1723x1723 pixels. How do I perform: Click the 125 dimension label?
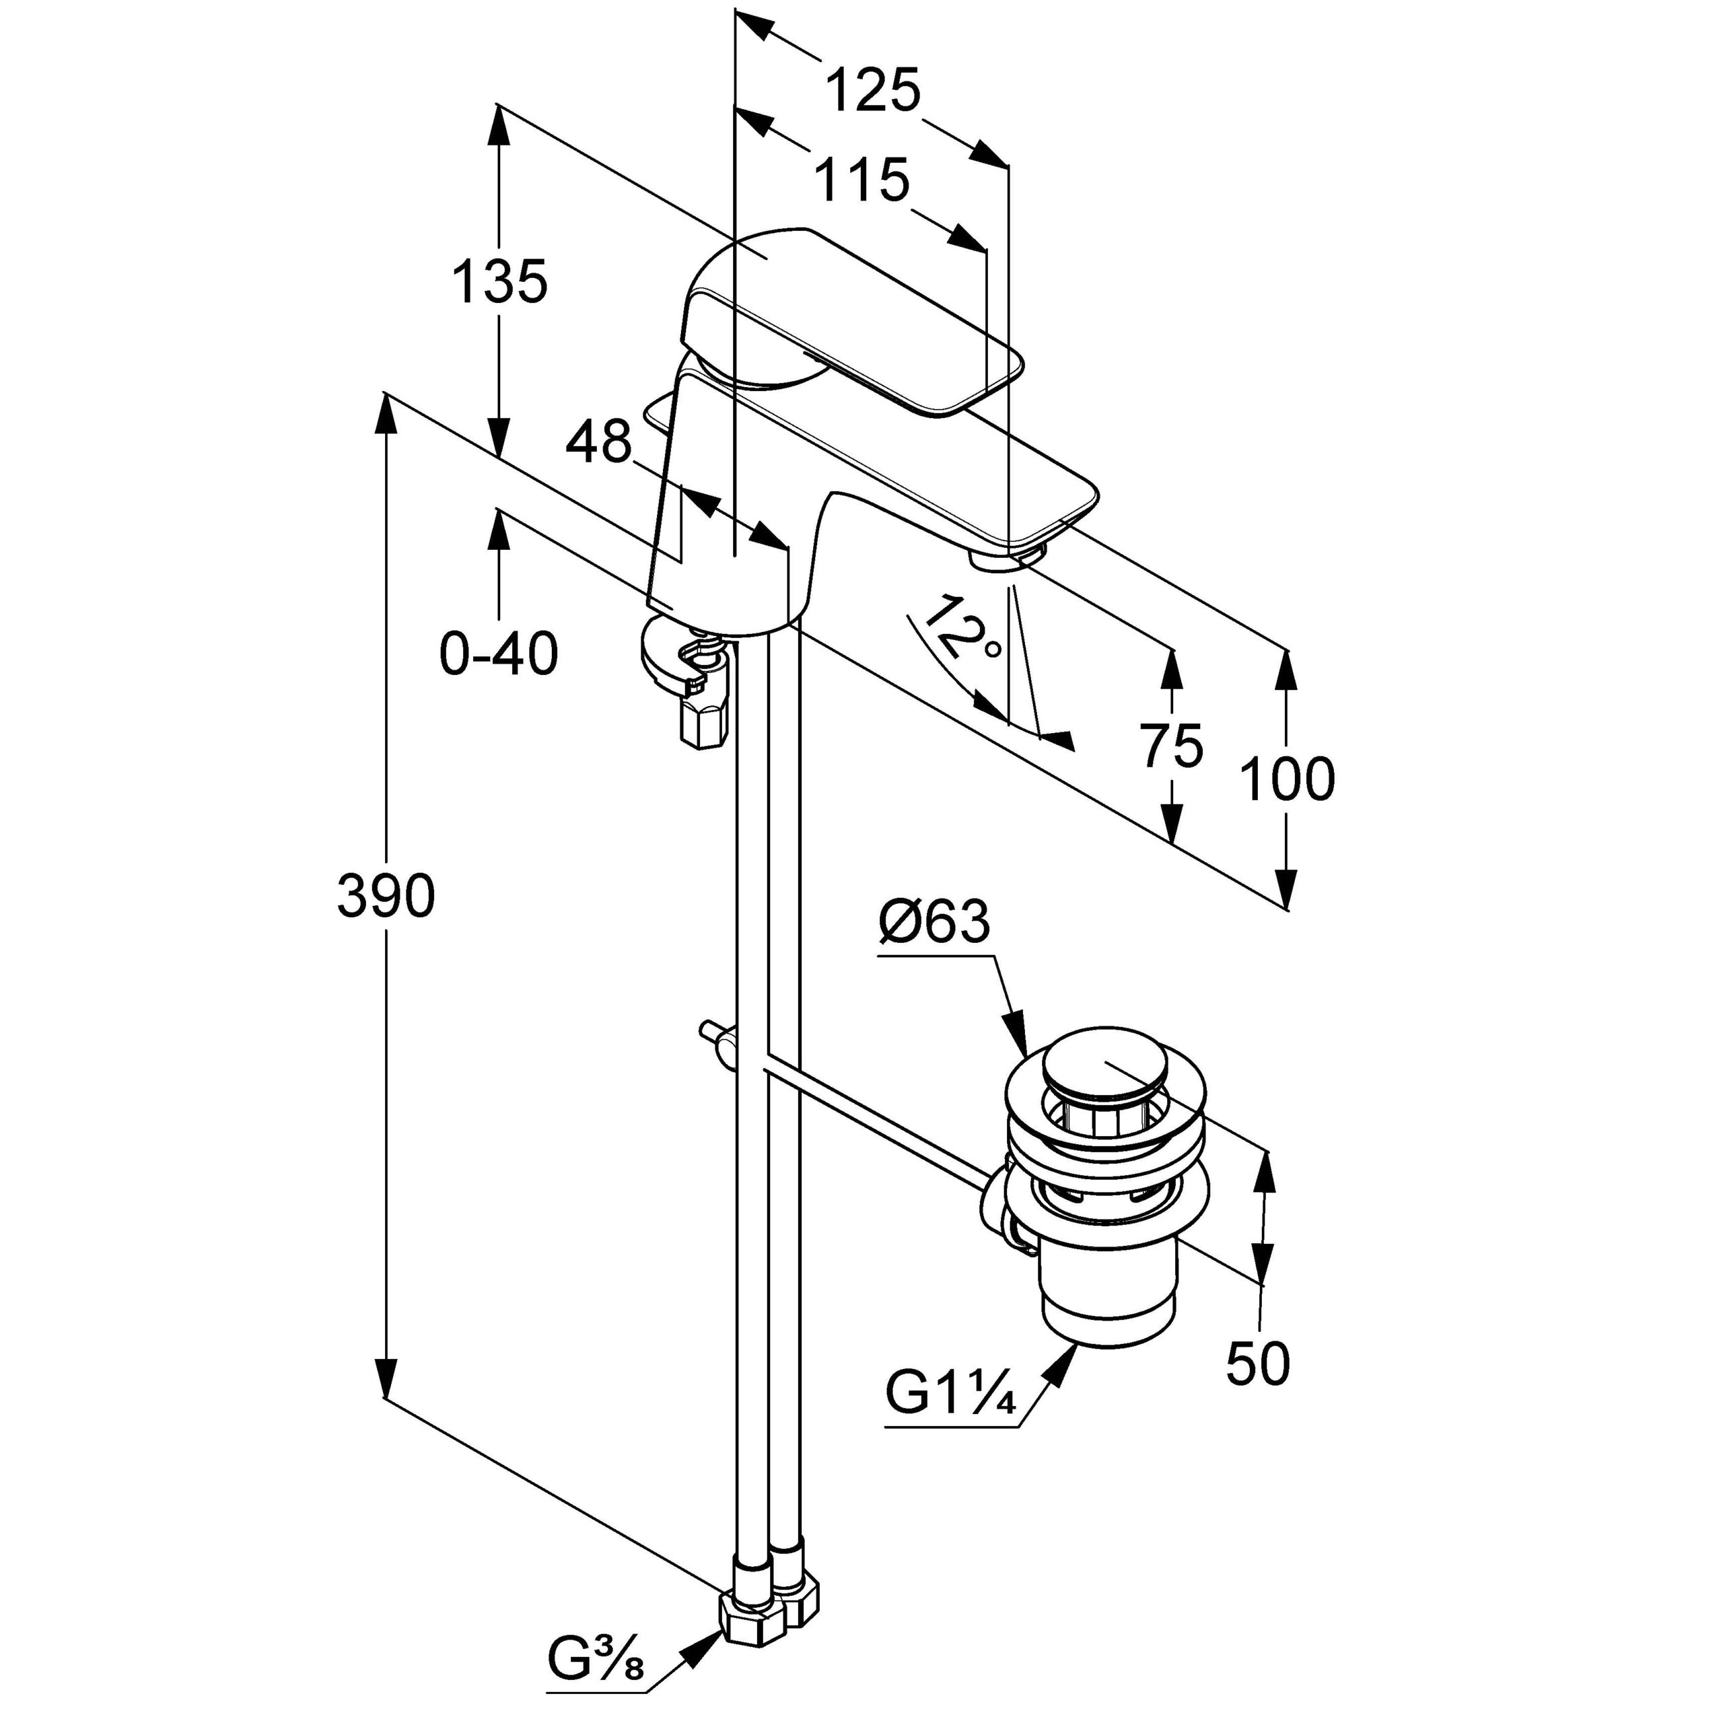pyautogui.click(x=872, y=92)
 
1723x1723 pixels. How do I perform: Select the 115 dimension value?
pyautogui.click(x=861, y=181)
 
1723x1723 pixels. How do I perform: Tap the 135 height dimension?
pyautogui.click(x=499, y=283)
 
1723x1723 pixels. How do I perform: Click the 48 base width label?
pyautogui.click(x=600, y=442)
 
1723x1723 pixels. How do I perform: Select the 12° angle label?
pyautogui.click(x=963, y=629)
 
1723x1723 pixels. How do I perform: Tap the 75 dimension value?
pyautogui.click(x=1172, y=746)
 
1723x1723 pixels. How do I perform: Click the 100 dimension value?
pyautogui.click(x=1287, y=779)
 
